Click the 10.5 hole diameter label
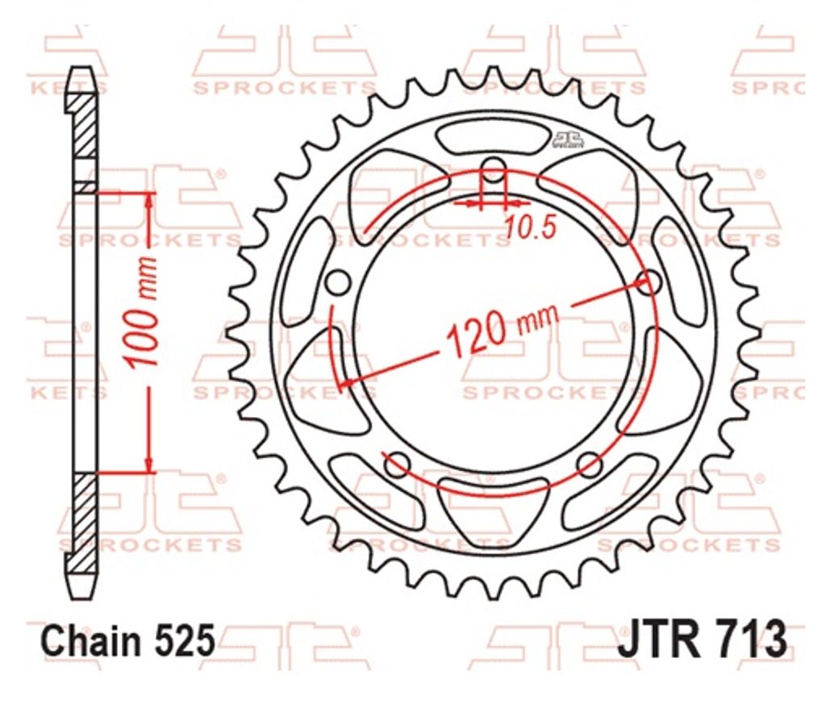point(531,227)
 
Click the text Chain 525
point(128,640)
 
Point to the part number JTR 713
point(703,638)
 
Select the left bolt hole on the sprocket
point(338,283)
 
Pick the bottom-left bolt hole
point(397,465)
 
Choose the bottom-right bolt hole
point(590,465)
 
